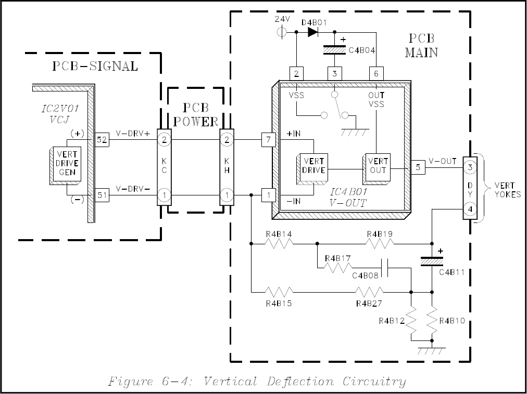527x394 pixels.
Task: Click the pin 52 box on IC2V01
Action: (102, 139)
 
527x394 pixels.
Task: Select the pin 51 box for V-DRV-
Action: (102, 195)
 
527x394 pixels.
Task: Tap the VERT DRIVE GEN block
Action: (65, 164)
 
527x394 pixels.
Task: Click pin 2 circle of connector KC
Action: (164, 139)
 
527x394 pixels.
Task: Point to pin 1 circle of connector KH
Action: (227, 195)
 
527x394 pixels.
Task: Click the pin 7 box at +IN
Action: (268, 139)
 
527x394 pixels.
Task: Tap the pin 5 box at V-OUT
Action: (418, 167)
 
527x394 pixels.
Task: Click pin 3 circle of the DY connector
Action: (470, 167)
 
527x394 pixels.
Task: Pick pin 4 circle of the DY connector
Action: (470, 209)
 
